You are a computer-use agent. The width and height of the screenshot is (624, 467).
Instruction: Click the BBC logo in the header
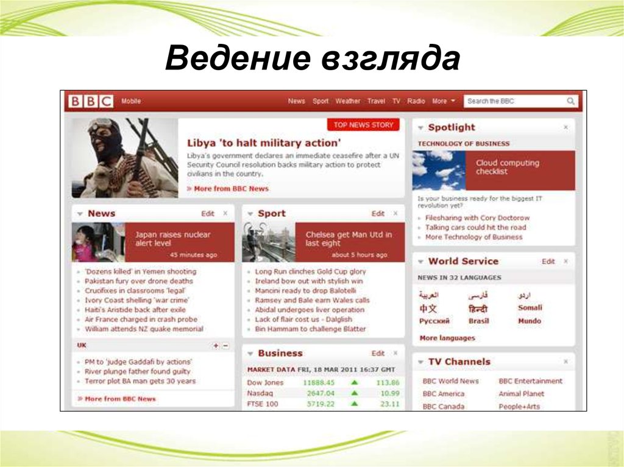tap(90, 102)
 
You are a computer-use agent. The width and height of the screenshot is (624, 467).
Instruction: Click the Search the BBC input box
tap(515, 102)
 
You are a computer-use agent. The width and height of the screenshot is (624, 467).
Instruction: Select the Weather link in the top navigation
tap(347, 102)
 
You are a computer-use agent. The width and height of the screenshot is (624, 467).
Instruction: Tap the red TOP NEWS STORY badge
tap(364, 125)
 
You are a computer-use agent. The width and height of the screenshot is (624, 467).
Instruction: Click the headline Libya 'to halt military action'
tap(263, 143)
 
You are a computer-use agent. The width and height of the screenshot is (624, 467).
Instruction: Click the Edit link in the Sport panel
tap(378, 214)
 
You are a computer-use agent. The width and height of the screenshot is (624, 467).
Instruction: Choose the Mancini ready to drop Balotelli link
tap(305, 291)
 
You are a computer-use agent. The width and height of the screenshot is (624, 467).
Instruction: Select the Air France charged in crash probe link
tap(141, 319)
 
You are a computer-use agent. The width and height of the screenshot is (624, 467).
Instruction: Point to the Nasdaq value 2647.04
tap(321, 393)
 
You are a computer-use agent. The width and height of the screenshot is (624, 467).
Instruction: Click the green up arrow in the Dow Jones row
tap(354, 383)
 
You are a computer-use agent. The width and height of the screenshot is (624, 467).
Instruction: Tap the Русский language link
tap(434, 321)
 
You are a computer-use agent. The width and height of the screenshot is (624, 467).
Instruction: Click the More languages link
tap(447, 338)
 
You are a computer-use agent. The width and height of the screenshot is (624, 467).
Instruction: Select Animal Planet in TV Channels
tap(521, 394)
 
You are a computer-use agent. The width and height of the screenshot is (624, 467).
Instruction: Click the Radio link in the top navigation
tap(416, 102)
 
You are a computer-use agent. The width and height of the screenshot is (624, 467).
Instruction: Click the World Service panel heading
tap(463, 261)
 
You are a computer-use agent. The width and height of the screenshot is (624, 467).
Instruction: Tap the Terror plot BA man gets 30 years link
tap(140, 381)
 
